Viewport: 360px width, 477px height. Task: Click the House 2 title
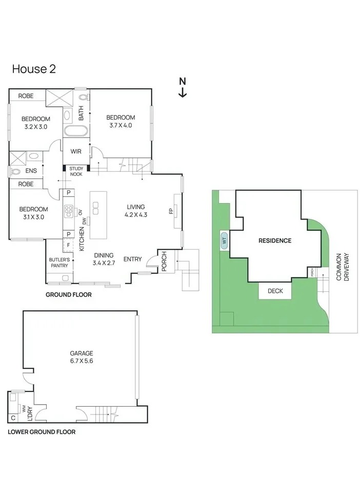pos(34,69)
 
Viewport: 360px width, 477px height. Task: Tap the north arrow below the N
pos(183,92)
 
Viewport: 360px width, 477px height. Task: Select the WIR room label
pos(76,151)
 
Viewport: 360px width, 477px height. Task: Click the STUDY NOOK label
pos(76,171)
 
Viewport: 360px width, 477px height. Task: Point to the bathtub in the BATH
pos(76,131)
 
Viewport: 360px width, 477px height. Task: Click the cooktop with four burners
pos(69,211)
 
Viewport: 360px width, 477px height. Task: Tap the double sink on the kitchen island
pos(95,208)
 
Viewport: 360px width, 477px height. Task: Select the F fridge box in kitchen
pos(68,245)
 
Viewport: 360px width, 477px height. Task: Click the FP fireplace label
pos(171,211)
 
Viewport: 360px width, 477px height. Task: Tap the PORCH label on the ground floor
pos(164,261)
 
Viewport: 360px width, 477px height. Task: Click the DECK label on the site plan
pos(275,291)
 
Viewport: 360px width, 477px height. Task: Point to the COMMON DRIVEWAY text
pos(343,267)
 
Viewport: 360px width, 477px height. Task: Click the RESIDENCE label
pos(275,241)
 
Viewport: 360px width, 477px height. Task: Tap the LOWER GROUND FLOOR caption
pos(42,432)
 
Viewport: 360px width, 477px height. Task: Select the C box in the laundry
pos(13,418)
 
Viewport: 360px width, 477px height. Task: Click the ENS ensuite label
pos(31,171)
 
